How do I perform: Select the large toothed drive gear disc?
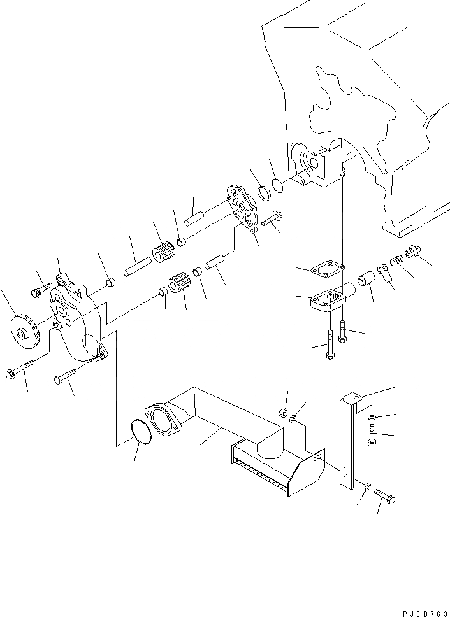(25, 332)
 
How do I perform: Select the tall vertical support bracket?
(347, 439)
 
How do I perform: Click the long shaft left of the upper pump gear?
(136, 263)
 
